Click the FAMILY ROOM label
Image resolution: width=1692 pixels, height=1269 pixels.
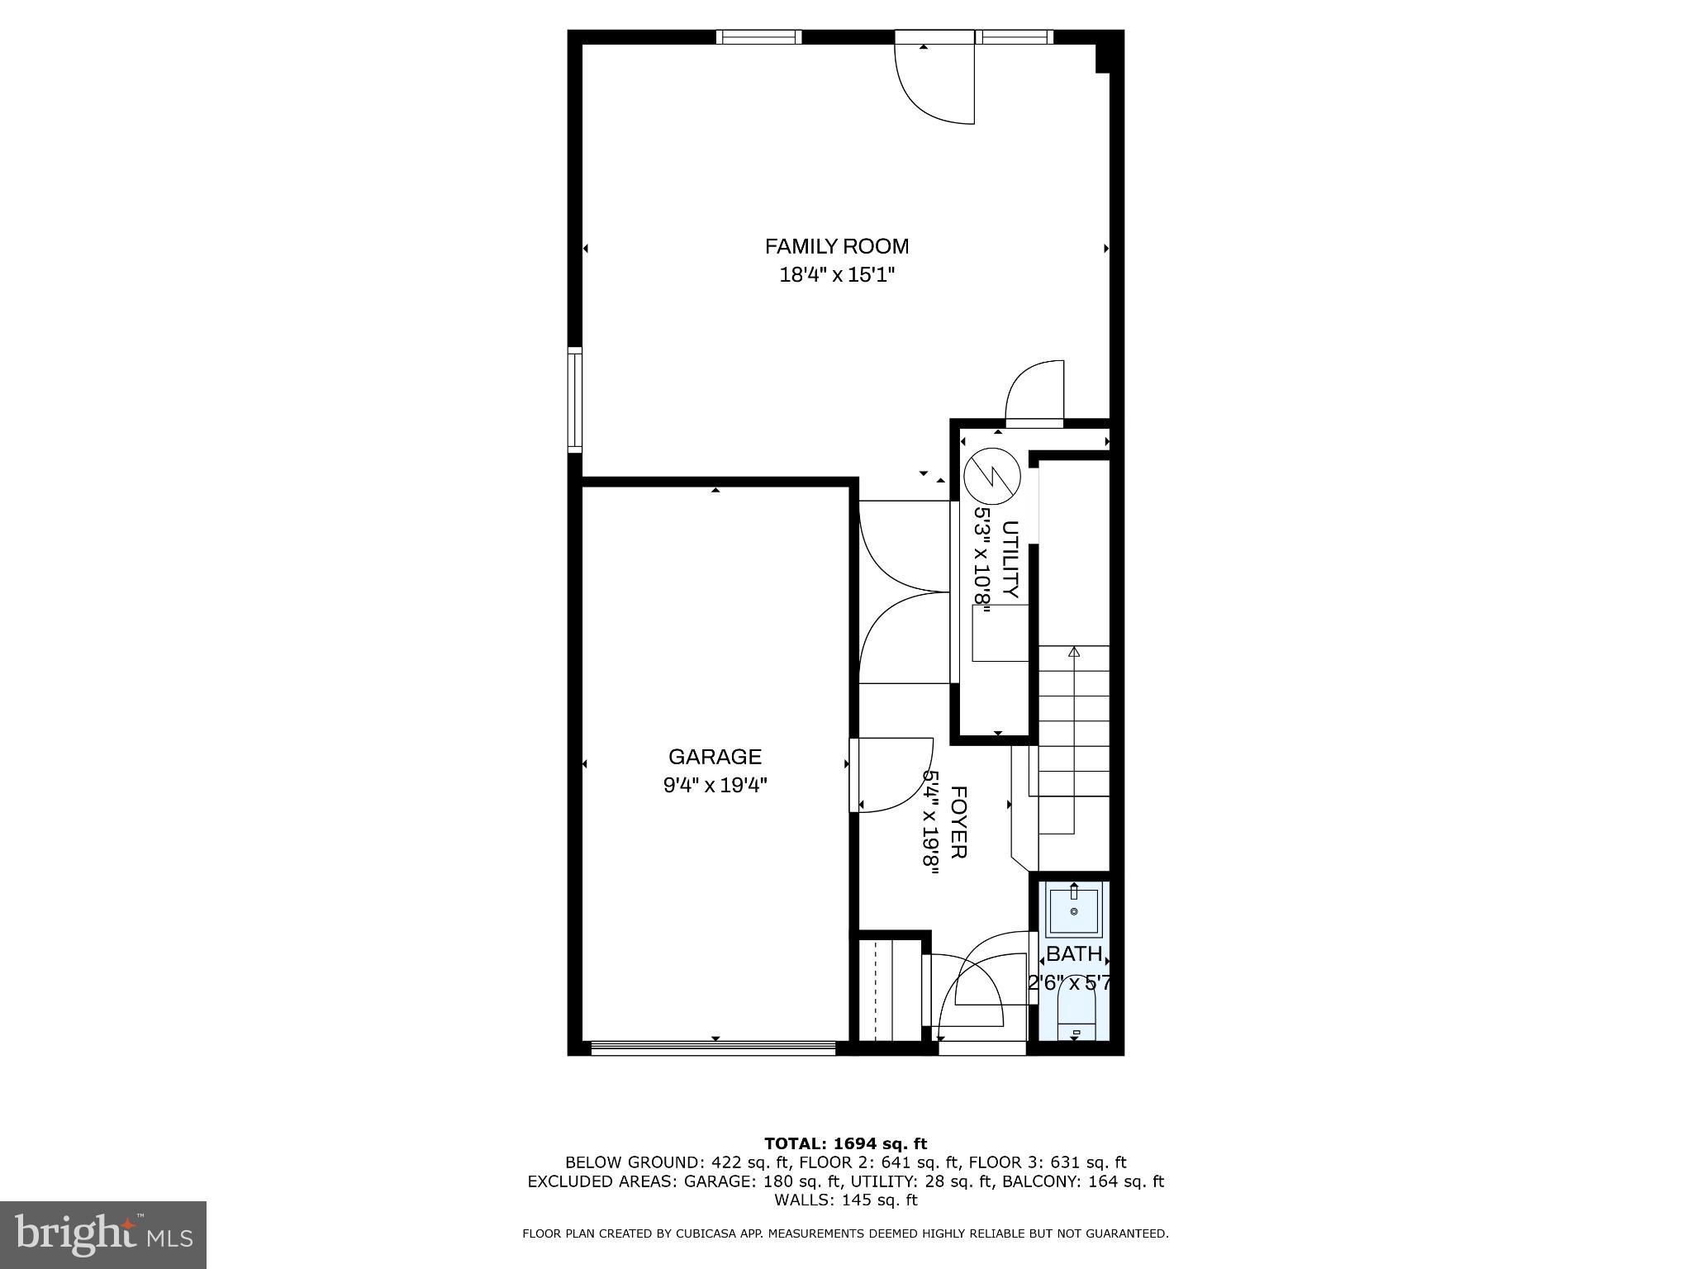pos(836,246)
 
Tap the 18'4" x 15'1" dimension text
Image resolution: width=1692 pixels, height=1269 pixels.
pos(837,275)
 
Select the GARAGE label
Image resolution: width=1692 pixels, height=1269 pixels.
pos(715,757)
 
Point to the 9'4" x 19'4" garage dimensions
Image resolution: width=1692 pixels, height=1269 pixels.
pos(715,785)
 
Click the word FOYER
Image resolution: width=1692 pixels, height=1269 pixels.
pos(958,822)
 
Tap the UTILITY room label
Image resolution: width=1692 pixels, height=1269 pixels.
pos(1010,559)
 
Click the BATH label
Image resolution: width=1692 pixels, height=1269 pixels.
pos(1073,954)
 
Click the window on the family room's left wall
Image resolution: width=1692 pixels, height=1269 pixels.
pos(575,400)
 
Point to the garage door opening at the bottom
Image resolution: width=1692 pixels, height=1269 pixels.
pos(714,1048)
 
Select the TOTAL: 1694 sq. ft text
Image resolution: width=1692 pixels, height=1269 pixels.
pos(845,1144)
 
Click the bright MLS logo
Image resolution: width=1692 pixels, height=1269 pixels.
pos(103,1234)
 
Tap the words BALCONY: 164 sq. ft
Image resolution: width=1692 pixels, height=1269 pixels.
pos(1082,1182)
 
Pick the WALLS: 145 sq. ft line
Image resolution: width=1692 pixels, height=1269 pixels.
pos(845,1200)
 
